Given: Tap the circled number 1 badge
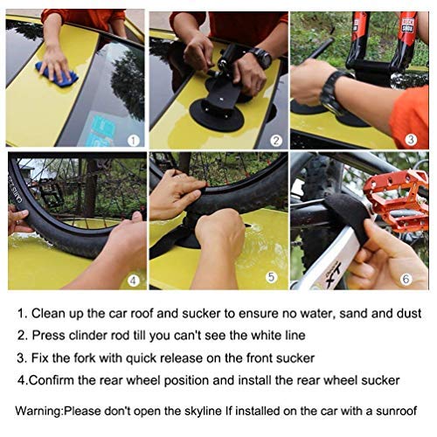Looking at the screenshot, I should [133, 139].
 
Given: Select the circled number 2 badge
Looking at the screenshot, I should [274, 139].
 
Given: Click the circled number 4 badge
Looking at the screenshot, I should [133, 281].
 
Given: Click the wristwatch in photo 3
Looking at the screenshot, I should [334, 92].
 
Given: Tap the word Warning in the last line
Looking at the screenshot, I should [45, 411].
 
